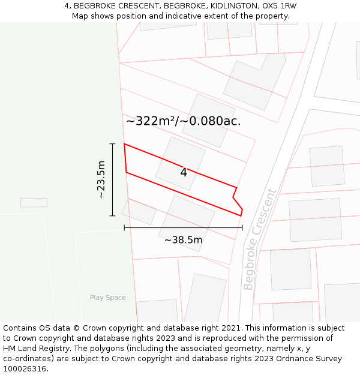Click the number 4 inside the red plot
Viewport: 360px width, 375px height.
pos(184,173)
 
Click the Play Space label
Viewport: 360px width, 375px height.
pos(108,298)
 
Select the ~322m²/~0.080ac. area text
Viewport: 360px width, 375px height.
pos(183,121)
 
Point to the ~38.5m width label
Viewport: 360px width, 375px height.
pos(183,240)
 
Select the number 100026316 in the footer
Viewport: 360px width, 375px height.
pos(24,369)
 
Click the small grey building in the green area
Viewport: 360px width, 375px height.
pos(34,203)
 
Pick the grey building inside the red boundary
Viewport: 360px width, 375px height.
pos(180,163)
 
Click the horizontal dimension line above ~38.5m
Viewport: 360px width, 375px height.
pos(183,227)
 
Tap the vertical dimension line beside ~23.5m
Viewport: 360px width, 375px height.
pos(112,179)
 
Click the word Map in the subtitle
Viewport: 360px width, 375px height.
pos(80,16)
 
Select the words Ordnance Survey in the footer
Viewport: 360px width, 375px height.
pos(305,359)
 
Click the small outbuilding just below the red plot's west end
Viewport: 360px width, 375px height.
pos(139,211)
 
